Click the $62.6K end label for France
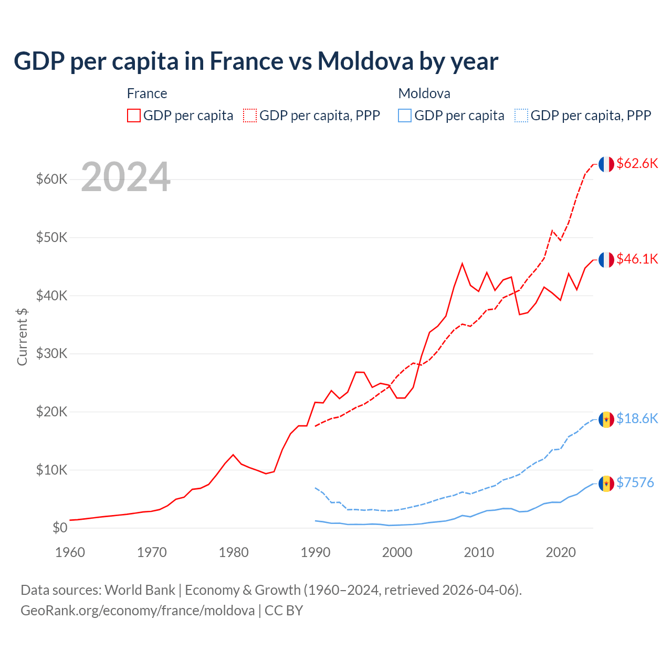(x=637, y=163)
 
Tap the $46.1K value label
(x=637, y=259)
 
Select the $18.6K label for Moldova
(x=637, y=418)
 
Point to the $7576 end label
(x=635, y=482)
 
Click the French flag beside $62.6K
(x=606, y=164)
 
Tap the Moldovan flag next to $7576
(x=606, y=484)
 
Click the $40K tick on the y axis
(x=52, y=296)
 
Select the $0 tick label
(x=60, y=528)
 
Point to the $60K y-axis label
(x=52, y=180)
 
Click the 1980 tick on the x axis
(x=234, y=552)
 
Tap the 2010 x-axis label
(x=479, y=552)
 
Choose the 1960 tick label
(x=70, y=552)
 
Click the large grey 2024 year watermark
(x=126, y=177)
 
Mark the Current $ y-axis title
(x=22, y=337)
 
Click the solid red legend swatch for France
(x=134, y=115)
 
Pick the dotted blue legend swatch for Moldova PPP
(x=521, y=115)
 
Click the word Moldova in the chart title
(x=365, y=61)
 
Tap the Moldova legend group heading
(x=424, y=93)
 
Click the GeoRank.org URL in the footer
(x=138, y=611)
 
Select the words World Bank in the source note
(x=140, y=590)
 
